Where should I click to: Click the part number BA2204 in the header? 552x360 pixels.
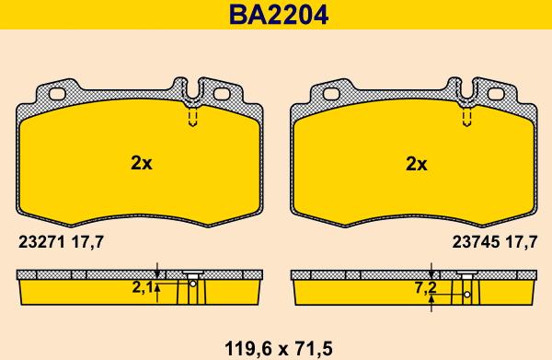279,15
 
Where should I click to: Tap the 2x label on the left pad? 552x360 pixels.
141,163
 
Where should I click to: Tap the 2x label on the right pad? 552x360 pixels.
416,164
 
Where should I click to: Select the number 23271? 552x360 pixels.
41,242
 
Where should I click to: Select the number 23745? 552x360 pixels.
476,242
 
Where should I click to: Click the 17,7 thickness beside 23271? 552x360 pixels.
87,242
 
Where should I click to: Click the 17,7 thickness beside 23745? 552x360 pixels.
522,242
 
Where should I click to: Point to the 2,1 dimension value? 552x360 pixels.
143,288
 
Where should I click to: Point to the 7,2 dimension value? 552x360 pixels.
426,288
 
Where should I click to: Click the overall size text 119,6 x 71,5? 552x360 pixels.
279,349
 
